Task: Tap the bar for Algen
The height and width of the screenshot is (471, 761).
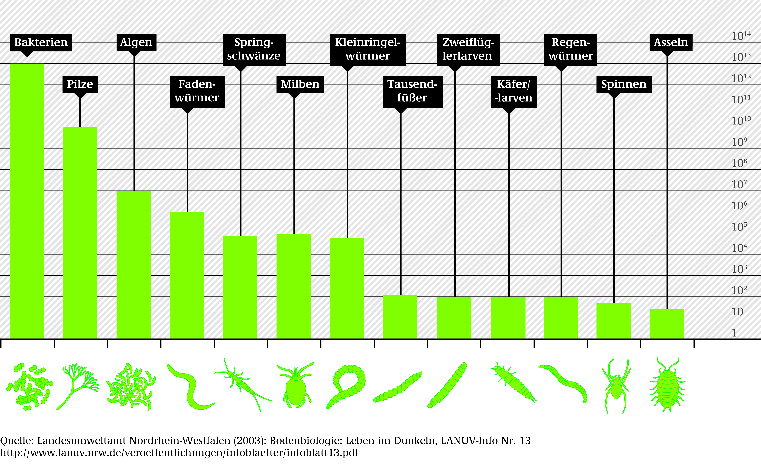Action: click(x=133, y=265)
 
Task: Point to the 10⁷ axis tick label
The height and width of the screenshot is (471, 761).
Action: click(x=739, y=184)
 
